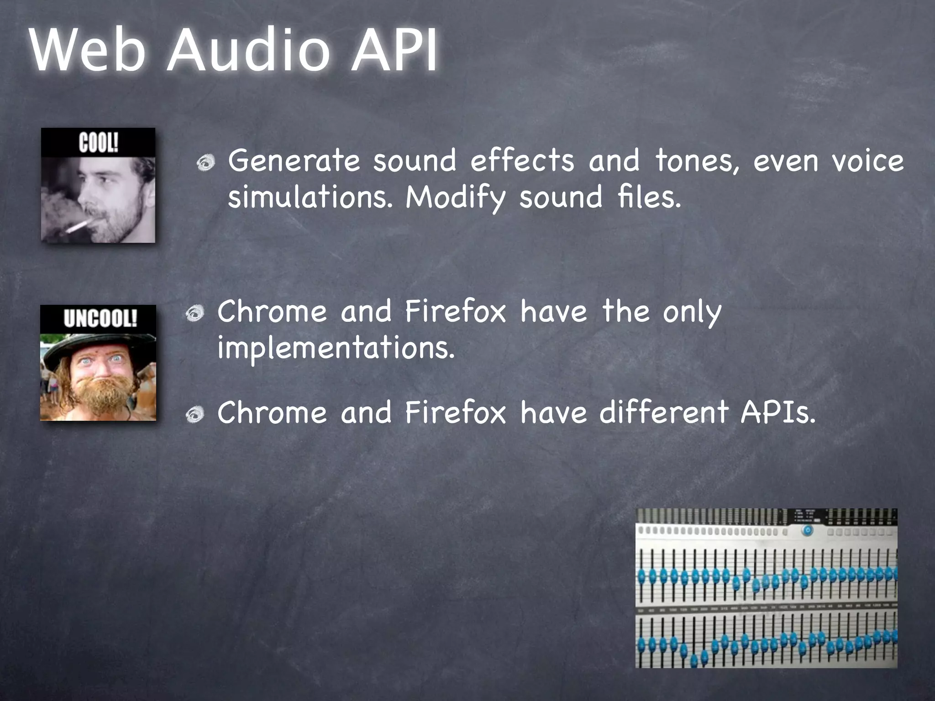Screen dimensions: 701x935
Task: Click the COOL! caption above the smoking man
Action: click(98, 143)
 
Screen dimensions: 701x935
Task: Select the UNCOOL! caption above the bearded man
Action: click(100, 319)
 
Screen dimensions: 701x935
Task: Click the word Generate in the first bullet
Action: click(294, 161)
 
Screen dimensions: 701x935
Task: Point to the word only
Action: click(692, 313)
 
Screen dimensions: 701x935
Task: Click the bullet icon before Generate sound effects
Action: click(206, 163)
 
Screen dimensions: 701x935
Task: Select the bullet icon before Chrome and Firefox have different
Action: click(195, 414)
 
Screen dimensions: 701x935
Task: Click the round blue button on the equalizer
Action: click(807, 530)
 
